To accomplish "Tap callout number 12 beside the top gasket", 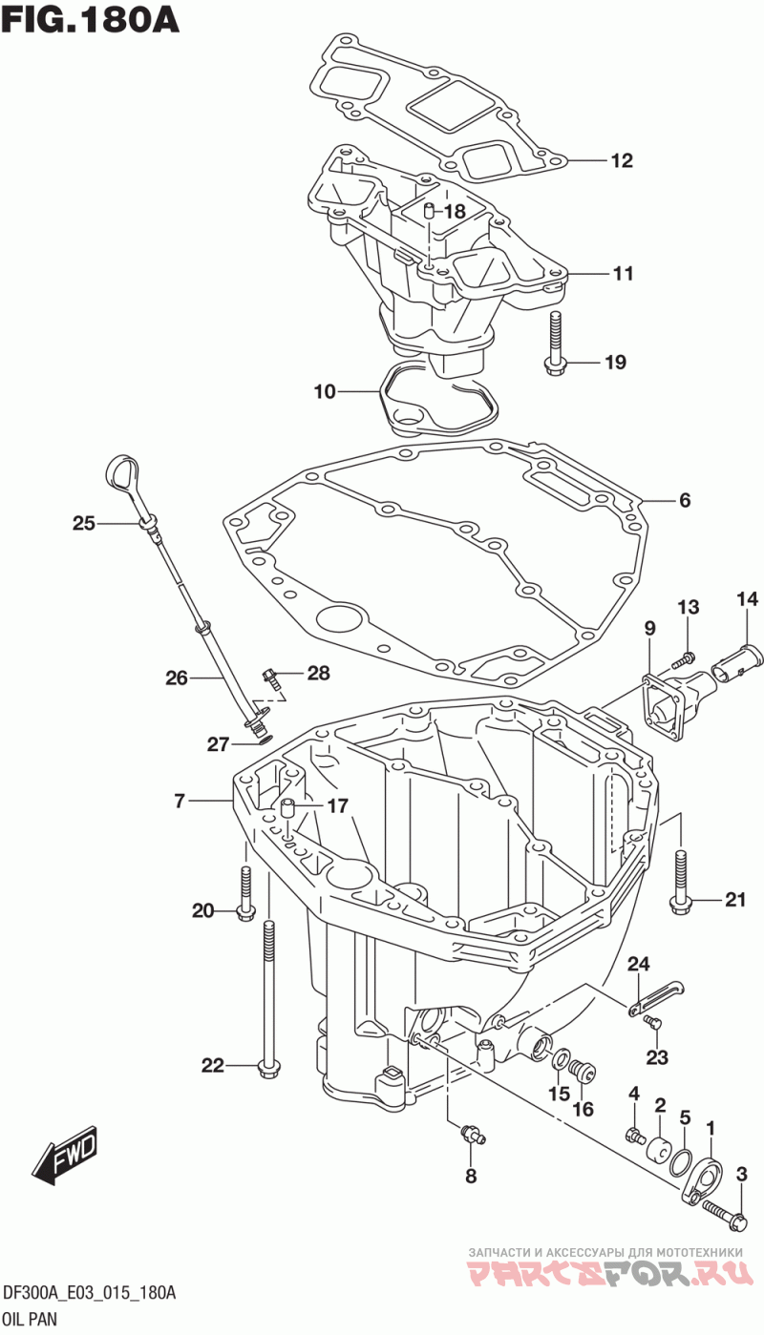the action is click(622, 160).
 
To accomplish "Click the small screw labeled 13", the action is click(684, 659).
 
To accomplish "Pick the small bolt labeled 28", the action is click(269, 678).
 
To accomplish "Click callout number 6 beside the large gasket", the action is click(684, 499).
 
